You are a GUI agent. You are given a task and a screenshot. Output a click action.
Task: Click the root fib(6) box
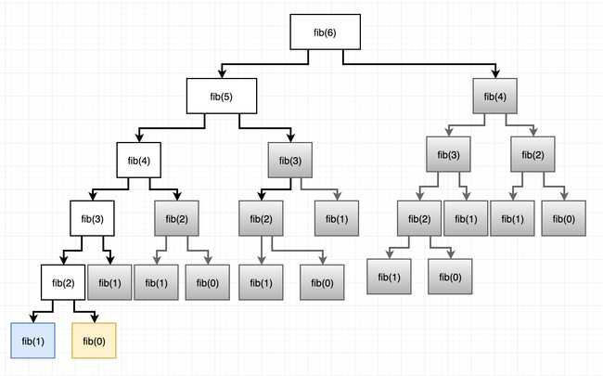(316, 32)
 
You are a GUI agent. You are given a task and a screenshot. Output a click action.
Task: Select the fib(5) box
(214, 96)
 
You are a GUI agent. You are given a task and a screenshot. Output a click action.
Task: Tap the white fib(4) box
(139, 160)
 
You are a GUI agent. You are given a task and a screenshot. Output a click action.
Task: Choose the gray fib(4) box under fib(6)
(494, 96)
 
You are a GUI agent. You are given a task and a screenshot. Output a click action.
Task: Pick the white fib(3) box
(94, 221)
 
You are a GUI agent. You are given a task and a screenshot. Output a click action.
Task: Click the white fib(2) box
(63, 282)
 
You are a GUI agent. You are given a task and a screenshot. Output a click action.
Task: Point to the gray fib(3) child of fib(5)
(289, 160)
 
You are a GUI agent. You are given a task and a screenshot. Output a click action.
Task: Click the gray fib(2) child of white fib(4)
(176, 221)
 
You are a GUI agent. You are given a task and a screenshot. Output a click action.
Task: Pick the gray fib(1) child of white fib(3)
(109, 282)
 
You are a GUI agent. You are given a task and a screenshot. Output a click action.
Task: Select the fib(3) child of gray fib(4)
(448, 153)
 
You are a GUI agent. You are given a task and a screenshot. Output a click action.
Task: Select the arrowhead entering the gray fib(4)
(494, 74)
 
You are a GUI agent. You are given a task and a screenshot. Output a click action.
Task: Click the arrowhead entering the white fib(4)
(139, 138)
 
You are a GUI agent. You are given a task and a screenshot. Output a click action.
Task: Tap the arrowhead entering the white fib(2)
(63, 260)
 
